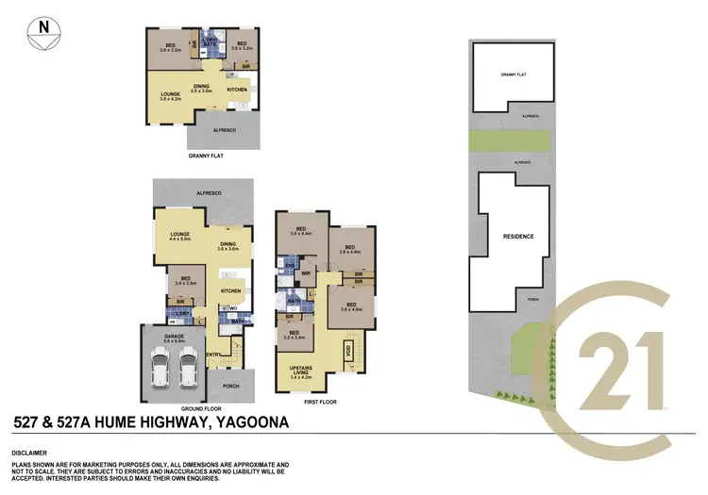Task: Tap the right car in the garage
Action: tap(186, 372)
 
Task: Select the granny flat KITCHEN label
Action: tap(237, 90)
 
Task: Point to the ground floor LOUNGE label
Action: tap(179, 234)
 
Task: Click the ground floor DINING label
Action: tap(227, 245)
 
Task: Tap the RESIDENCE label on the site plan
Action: tap(518, 236)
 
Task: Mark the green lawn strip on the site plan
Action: tap(509, 142)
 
